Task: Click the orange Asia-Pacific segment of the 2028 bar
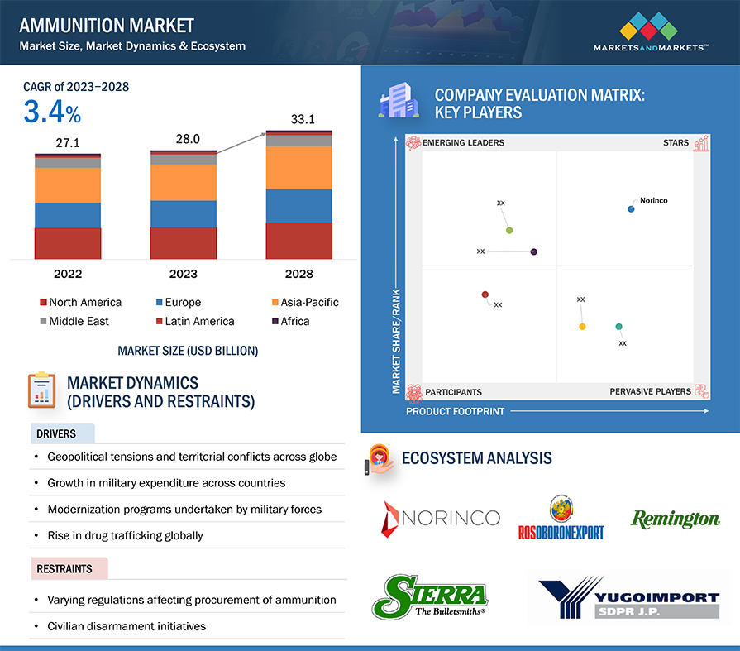pos(298,168)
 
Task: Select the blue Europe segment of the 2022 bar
pos(68,215)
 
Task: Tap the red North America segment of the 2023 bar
pos(183,243)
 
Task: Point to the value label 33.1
pos(303,119)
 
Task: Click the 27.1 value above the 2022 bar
pos(68,142)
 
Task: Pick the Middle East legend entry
pos(74,321)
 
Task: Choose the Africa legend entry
pos(291,321)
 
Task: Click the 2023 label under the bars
pos(183,274)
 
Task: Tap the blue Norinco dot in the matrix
pos(631,208)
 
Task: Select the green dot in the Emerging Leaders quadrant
pos(509,231)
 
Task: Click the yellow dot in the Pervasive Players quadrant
pos(582,327)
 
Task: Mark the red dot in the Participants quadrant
pos(485,294)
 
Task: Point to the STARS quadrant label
pos(676,142)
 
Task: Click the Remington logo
pos(676,519)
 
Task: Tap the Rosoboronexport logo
pos(561,517)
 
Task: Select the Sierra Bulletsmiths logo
pos(430,596)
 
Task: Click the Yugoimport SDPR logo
pos(629,597)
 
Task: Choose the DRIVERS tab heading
pos(56,433)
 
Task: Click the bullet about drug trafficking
pos(125,535)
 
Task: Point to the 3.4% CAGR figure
pos(52,112)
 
